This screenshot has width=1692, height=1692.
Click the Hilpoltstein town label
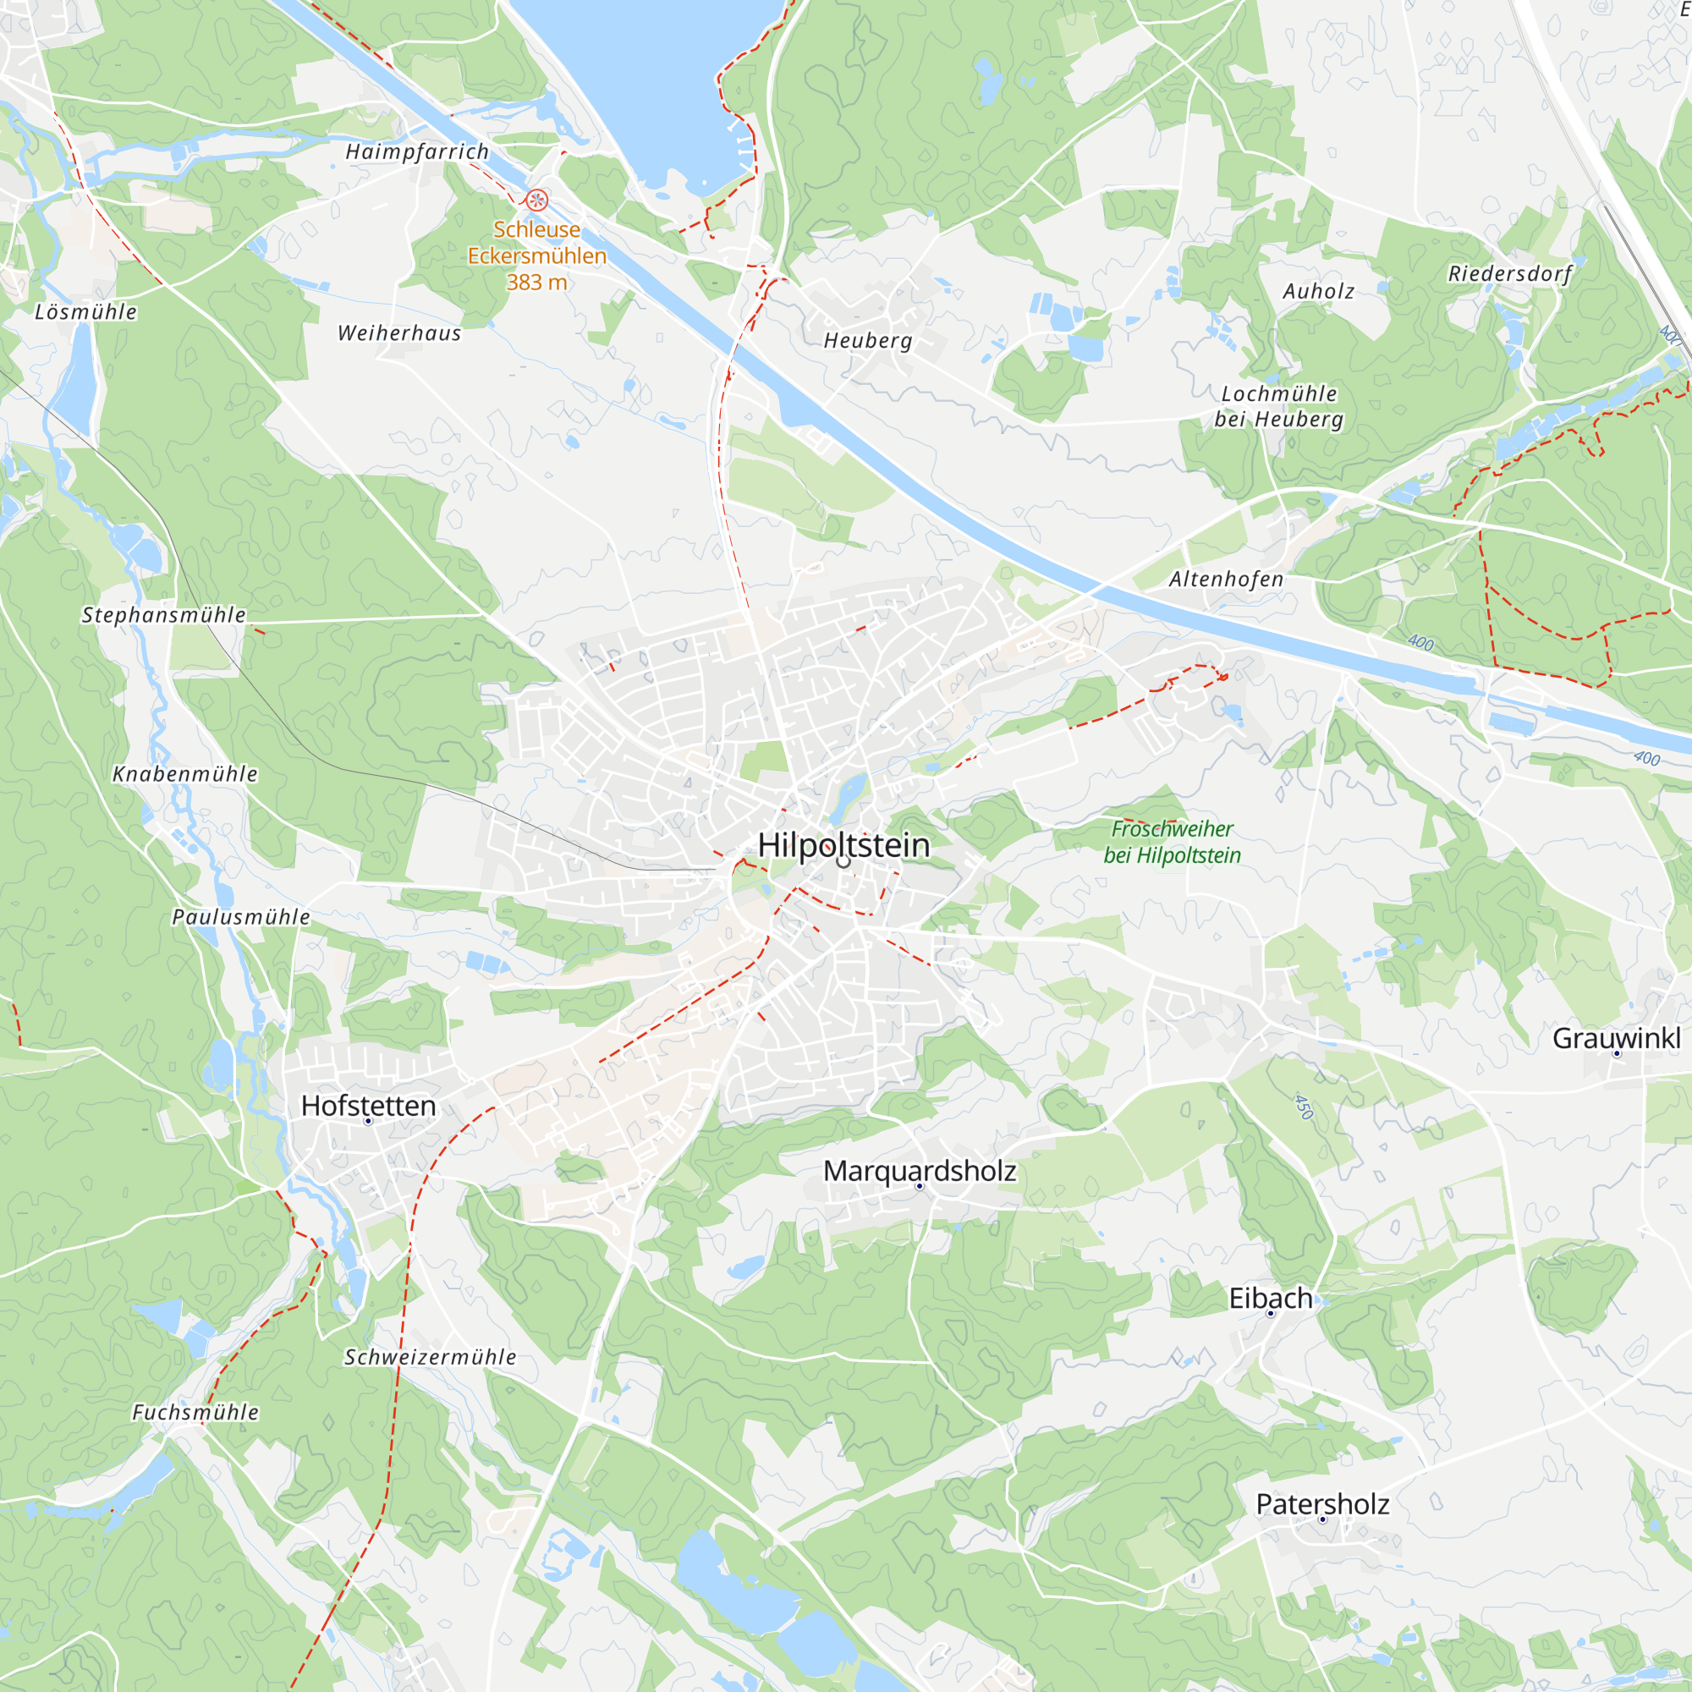843,845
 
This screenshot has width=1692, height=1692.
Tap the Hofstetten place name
368,1105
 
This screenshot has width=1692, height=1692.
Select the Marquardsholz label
920,1171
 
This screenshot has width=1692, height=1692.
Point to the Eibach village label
1270,1298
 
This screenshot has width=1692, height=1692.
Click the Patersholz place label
1322,1503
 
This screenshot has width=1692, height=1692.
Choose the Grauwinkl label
1616,1038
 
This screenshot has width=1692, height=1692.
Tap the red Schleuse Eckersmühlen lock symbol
537,200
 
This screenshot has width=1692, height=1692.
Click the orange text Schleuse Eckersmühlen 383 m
537,255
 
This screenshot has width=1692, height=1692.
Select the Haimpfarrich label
417,151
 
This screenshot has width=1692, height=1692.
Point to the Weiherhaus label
399,332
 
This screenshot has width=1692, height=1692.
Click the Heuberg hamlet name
868,341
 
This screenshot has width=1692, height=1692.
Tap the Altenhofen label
1226,579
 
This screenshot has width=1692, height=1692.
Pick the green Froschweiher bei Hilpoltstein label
1172,842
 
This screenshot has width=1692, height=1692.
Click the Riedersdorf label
1510,273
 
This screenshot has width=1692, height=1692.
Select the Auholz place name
1318,292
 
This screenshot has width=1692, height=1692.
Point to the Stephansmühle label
164,615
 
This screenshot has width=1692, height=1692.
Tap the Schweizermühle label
430,1357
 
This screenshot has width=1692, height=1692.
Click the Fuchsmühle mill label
195,1412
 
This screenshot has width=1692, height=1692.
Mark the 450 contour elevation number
1304,1107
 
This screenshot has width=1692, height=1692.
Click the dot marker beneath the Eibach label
1270,1314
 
